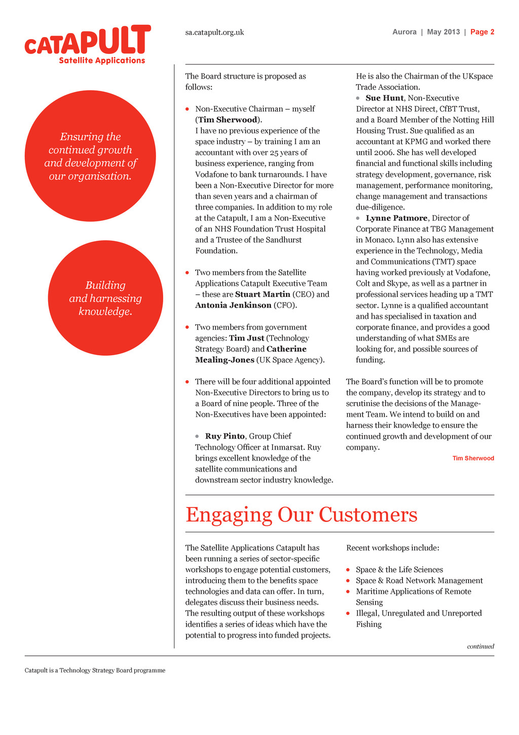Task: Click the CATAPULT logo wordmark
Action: click(x=88, y=41)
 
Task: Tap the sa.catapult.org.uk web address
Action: click(x=214, y=32)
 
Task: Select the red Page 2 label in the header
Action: click(x=482, y=32)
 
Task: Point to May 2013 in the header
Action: click(x=443, y=32)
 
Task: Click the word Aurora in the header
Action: click(x=404, y=32)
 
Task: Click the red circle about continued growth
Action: click(x=90, y=156)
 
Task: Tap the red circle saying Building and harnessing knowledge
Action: click(x=105, y=298)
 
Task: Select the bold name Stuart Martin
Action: click(x=263, y=294)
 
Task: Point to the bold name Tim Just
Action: click(x=246, y=338)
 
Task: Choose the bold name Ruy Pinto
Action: click(x=225, y=436)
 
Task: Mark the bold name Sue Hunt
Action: click(x=385, y=98)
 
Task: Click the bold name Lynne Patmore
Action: click(x=396, y=218)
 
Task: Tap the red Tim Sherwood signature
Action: click(x=473, y=458)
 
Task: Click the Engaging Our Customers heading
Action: click(x=301, y=515)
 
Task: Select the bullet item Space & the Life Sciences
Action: click(x=399, y=570)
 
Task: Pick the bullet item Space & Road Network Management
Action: click(x=419, y=581)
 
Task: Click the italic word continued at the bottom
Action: click(x=480, y=646)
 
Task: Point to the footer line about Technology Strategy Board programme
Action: click(x=95, y=671)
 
